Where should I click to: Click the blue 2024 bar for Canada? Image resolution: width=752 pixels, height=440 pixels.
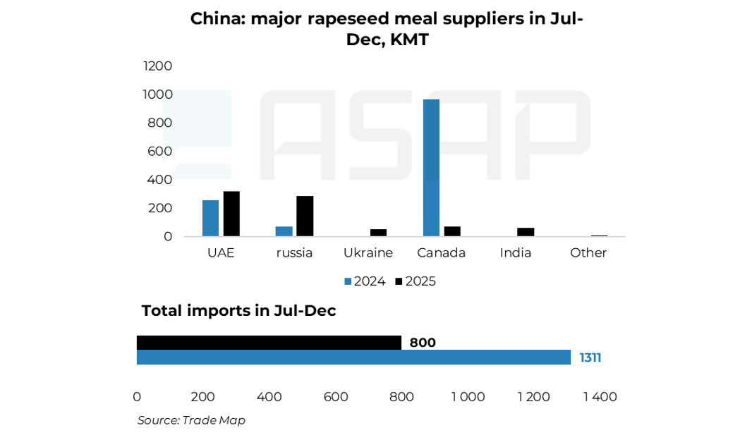431,168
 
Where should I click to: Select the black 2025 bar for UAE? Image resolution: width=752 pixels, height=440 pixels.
231,214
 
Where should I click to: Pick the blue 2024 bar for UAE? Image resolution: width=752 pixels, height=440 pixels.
210,218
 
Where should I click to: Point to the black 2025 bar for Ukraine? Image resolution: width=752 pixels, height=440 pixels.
378,232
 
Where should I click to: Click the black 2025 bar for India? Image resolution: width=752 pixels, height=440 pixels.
526,232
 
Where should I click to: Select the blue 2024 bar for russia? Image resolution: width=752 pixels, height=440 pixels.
284,231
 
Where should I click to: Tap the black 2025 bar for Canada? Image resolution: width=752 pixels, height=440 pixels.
452,231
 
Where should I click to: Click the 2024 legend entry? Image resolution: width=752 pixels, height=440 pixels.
365,281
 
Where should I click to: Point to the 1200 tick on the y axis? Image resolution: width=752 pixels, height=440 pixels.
157,66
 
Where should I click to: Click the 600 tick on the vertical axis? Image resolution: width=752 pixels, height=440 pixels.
159,151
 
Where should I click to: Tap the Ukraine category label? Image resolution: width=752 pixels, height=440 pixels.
368,252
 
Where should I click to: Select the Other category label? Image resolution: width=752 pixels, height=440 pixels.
588,252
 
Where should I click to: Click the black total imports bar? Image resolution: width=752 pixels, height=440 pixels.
269,343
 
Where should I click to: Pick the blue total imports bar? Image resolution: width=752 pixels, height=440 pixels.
353,357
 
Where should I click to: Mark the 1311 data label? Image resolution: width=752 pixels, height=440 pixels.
590,357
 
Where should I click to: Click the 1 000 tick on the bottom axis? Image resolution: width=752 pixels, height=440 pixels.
468,397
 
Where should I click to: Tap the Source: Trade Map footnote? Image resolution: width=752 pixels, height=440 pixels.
191,420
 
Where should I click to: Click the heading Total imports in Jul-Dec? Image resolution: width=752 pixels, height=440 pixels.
238,310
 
